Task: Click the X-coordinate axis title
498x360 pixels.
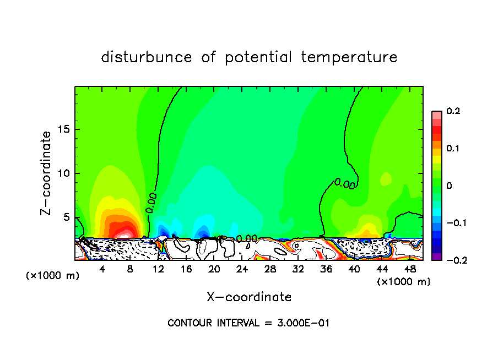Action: point(249,297)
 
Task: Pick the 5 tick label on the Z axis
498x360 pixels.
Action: point(68,217)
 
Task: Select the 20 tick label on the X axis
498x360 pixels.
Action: point(214,269)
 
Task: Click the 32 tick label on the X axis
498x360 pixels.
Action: point(298,269)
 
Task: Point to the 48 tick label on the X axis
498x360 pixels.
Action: point(410,269)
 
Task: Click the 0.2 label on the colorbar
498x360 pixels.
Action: point(453,111)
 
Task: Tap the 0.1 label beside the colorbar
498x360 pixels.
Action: point(453,149)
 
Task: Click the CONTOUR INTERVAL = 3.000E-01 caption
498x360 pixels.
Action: point(248,323)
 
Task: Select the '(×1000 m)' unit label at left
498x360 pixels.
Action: point(52,275)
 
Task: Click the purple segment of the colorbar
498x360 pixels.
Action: point(437,256)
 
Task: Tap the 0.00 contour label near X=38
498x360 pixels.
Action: point(345,184)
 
